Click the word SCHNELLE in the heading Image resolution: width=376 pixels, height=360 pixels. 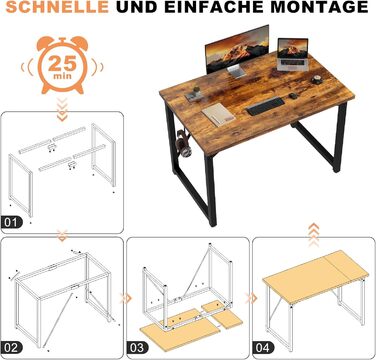click(x=57, y=7)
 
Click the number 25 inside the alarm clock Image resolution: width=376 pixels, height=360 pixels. click(x=62, y=63)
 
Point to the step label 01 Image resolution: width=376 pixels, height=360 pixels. click(x=12, y=222)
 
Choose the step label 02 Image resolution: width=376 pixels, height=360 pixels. click(x=12, y=348)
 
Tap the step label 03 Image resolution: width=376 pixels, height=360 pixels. click(x=137, y=348)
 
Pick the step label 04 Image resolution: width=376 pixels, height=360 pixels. click(x=263, y=348)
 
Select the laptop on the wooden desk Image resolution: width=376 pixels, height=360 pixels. click(x=292, y=54)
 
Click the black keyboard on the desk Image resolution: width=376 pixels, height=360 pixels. click(x=265, y=106)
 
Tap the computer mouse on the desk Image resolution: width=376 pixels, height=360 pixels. click(x=293, y=96)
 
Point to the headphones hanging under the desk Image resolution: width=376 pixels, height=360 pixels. click(x=183, y=144)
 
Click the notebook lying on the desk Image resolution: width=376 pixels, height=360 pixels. click(x=218, y=114)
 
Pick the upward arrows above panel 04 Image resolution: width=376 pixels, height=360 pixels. click(x=313, y=235)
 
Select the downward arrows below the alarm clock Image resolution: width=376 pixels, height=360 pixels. click(x=62, y=110)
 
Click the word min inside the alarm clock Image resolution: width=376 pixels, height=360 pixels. click(x=62, y=76)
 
